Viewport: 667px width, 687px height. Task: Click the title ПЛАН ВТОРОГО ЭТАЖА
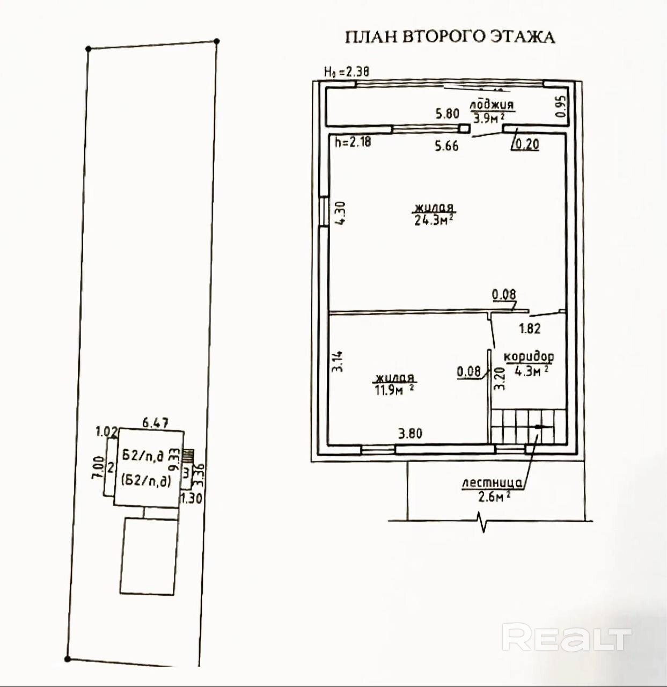(449, 36)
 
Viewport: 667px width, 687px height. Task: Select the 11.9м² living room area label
(394, 390)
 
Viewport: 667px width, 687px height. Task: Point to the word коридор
(528, 356)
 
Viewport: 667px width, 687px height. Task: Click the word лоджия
(492, 105)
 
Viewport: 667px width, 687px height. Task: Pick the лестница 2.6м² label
(493, 490)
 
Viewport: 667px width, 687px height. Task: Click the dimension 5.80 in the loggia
(447, 114)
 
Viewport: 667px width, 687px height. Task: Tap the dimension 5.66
(446, 145)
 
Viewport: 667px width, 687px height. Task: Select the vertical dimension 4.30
(340, 213)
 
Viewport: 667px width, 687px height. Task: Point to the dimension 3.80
(410, 434)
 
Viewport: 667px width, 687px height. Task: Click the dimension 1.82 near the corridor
(529, 328)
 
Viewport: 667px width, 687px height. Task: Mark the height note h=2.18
(353, 143)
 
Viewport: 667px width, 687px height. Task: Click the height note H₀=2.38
(346, 71)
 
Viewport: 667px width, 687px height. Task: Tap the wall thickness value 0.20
(525, 144)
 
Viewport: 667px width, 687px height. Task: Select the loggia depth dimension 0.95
(561, 107)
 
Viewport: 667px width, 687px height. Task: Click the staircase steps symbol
(529, 426)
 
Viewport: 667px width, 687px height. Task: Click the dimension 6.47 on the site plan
(155, 423)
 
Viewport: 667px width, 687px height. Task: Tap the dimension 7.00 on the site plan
(98, 468)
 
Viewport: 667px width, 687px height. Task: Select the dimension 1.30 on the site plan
(191, 498)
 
